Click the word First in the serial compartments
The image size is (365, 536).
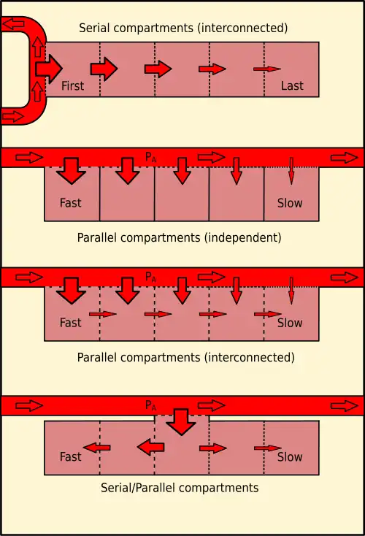tap(72, 85)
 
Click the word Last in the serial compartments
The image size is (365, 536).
tap(292, 85)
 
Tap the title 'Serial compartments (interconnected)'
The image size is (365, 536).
tap(183, 28)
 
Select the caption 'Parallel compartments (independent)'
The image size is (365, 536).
tap(179, 237)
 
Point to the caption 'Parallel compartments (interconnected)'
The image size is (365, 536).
tap(185, 358)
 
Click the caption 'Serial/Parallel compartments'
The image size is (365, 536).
tap(180, 487)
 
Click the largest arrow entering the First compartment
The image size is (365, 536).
tap(48, 69)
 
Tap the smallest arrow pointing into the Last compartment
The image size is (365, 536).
tap(266, 69)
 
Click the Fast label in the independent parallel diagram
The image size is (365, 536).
tap(71, 203)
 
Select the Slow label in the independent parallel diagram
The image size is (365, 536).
tap(290, 203)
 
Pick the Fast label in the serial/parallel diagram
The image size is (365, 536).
tap(71, 457)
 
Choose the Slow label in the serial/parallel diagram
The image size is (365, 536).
tap(290, 457)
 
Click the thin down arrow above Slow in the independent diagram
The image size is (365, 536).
tap(291, 170)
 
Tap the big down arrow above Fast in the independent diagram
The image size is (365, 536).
tap(72, 170)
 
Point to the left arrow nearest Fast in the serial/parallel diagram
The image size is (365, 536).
tap(96, 447)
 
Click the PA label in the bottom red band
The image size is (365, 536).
tap(151, 405)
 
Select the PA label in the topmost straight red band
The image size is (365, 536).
tap(151, 156)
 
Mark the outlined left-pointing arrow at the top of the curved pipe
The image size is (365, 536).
tap(14, 24)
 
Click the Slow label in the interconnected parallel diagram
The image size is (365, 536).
tap(290, 322)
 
